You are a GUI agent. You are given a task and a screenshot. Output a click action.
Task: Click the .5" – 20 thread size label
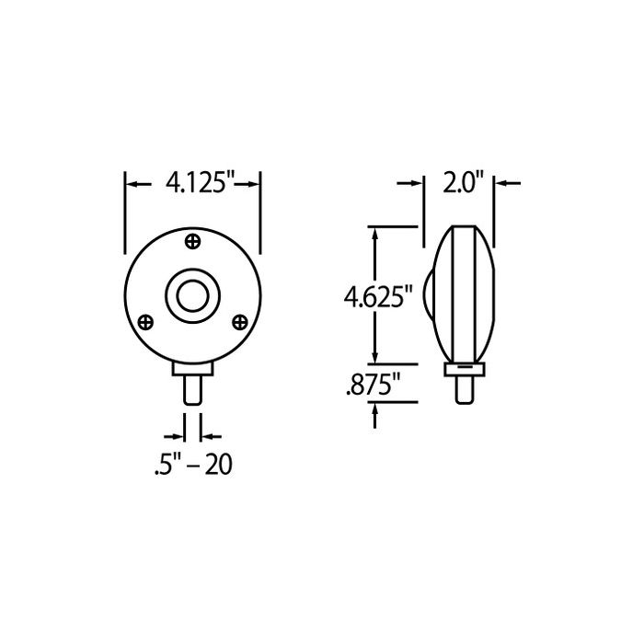pos(192,466)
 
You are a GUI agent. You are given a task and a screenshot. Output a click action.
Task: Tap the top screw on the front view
pos(193,241)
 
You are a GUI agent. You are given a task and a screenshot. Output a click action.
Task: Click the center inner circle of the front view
pos(193,295)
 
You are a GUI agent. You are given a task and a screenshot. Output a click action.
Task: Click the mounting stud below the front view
pos(193,390)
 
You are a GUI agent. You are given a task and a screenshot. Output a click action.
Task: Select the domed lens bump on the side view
pos(431,297)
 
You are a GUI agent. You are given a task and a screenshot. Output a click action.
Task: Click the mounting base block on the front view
pos(193,369)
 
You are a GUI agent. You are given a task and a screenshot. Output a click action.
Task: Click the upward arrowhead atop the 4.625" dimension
pos(374,231)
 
